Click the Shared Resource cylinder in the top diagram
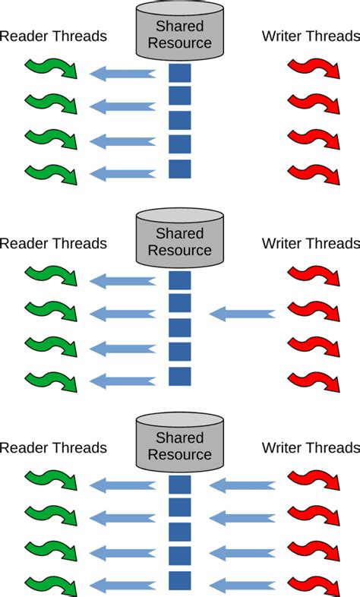tap(180, 35)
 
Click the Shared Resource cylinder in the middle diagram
tap(180, 242)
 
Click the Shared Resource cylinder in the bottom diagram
tap(180, 446)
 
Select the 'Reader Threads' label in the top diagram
tap(53, 36)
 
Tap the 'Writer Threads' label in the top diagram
tap(311, 36)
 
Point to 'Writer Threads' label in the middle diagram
tap(311, 243)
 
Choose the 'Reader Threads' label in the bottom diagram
tap(53, 447)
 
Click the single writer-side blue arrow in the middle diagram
tap(242, 313)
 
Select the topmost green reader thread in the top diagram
tap(51, 69)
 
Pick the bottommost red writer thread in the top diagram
tap(313, 174)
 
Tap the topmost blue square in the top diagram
tap(179, 74)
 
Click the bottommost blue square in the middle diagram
tap(179, 376)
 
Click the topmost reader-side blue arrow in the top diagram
tap(122, 74)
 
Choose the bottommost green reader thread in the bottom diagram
tap(51, 585)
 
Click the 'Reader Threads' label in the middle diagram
tap(53, 243)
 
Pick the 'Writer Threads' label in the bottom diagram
tap(311, 447)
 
